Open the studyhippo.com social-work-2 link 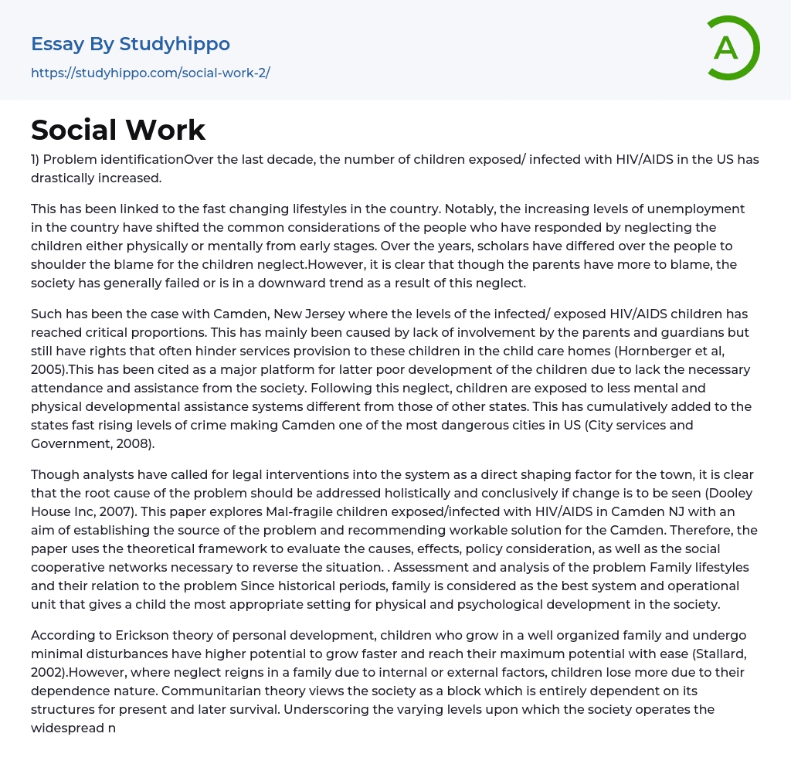(151, 73)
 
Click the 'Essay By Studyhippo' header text (131, 44)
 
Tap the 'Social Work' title (118, 130)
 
